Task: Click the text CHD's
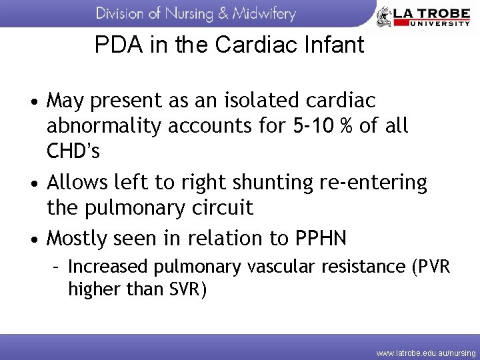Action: click(x=73, y=151)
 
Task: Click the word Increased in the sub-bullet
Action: click(x=109, y=267)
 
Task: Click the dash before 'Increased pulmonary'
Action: click(x=58, y=267)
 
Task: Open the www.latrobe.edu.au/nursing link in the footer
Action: click(x=425, y=351)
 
